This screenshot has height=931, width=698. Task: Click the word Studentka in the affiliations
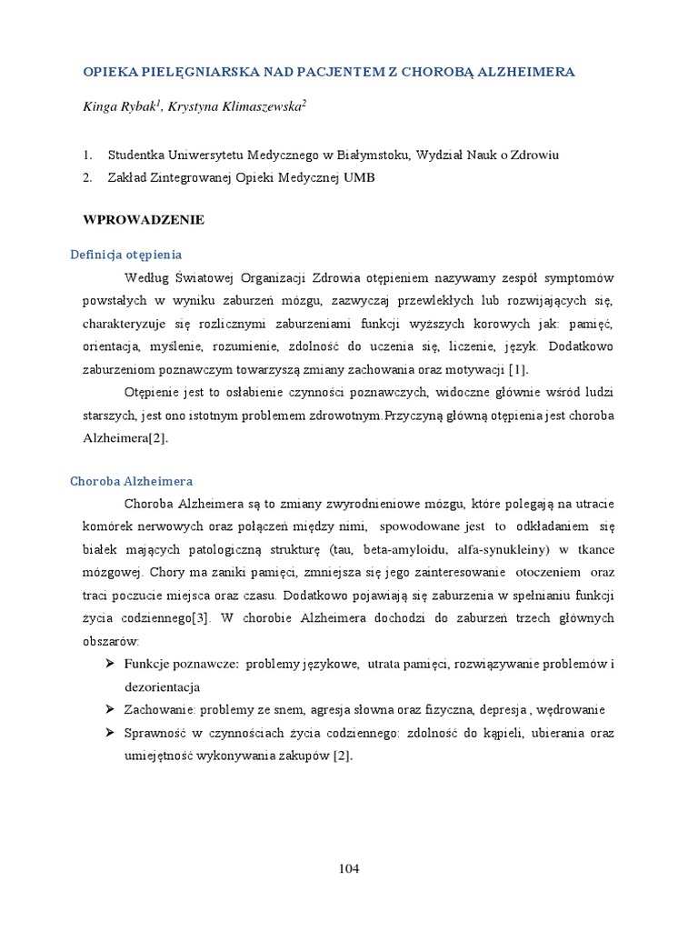click(137, 155)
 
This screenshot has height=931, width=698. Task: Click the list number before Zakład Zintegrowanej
click(87, 178)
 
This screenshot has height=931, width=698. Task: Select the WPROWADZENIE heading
click(144, 220)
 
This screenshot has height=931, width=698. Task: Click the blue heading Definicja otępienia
click(126, 255)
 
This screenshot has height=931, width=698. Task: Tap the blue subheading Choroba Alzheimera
click(132, 481)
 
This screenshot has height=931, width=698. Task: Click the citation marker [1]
click(517, 369)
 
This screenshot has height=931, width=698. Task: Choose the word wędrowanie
click(565, 709)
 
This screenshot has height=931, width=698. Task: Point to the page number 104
click(349, 868)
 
